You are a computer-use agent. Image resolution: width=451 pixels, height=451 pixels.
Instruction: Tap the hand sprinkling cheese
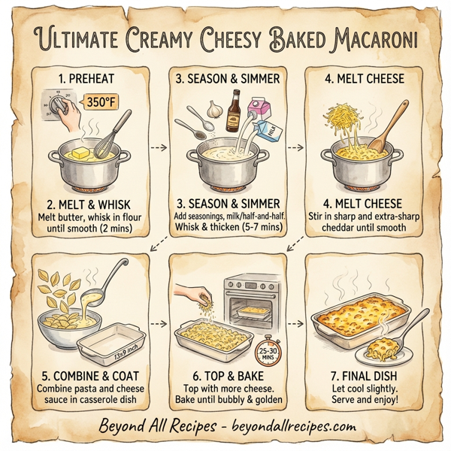click(190, 293)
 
